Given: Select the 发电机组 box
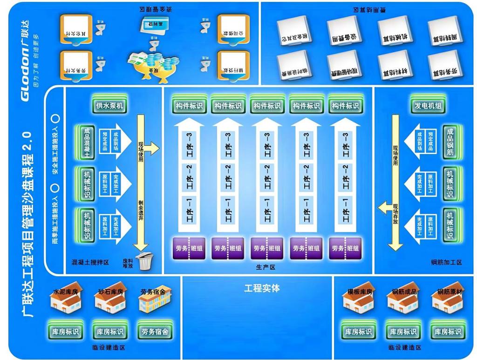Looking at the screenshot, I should pos(427,105).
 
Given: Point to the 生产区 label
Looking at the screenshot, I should pos(266,267).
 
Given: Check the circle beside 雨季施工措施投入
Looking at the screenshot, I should pos(55,187).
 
